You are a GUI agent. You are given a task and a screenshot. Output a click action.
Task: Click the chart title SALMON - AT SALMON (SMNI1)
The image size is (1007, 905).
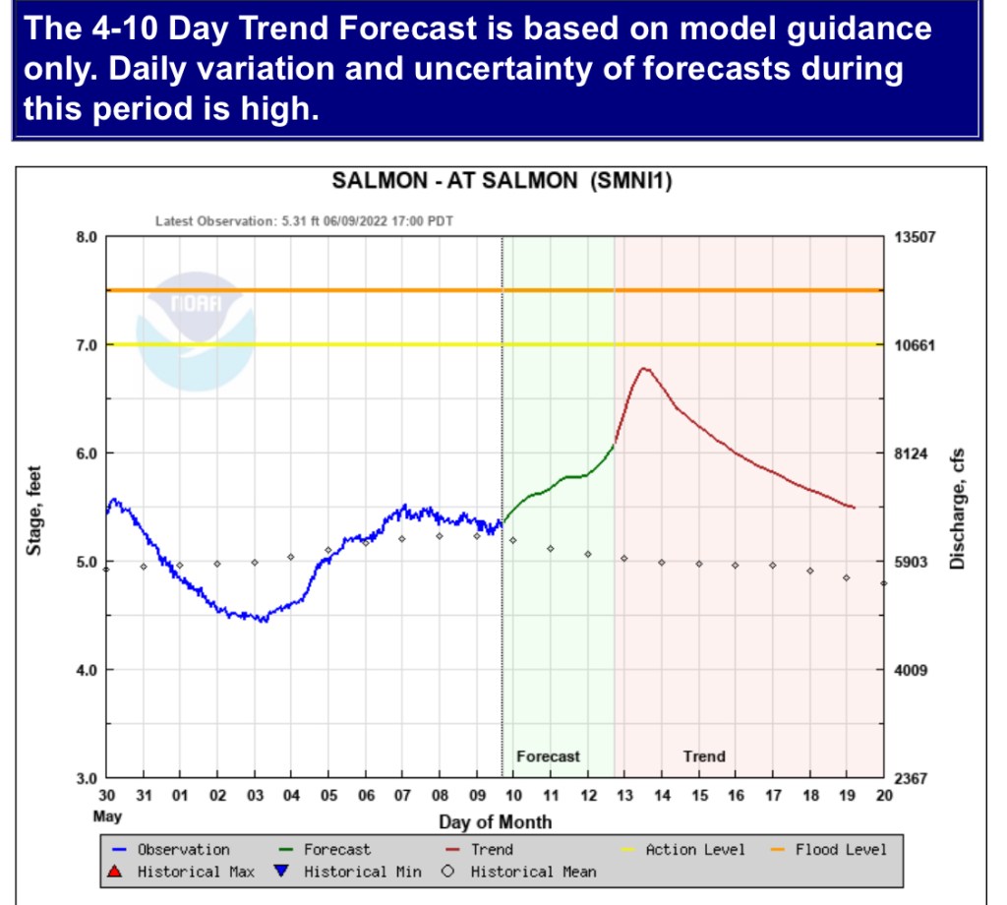[x=502, y=182]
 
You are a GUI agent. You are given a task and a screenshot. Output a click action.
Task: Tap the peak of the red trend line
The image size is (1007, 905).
[x=644, y=369]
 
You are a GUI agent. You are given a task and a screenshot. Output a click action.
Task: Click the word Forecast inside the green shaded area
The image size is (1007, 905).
[x=548, y=756]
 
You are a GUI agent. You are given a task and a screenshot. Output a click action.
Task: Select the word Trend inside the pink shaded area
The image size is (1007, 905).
[x=704, y=756]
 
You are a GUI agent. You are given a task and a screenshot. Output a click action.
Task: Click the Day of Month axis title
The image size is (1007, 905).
[x=495, y=822]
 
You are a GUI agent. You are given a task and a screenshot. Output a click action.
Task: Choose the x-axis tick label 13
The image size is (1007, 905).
[x=624, y=796]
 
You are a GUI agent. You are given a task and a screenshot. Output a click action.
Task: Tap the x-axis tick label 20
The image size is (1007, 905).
[x=882, y=796]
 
